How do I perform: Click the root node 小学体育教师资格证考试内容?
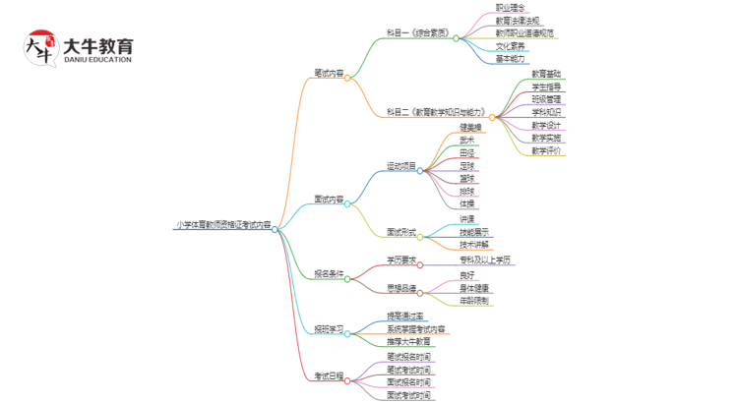point(221,226)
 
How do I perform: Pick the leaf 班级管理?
point(546,99)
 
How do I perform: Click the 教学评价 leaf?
point(546,150)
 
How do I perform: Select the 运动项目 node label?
point(400,166)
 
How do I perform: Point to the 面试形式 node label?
point(400,233)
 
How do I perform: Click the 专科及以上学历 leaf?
point(485,259)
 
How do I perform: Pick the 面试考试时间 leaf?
point(407,395)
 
